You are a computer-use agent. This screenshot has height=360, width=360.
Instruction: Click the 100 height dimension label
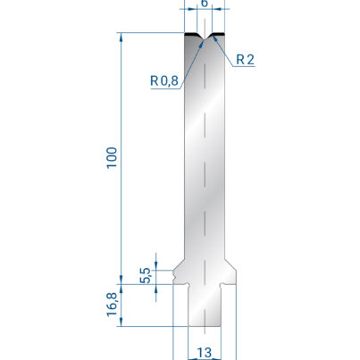(x=113, y=158)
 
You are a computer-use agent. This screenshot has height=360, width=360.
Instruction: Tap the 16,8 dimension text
(x=113, y=304)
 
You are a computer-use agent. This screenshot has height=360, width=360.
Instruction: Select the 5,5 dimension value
(x=146, y=275)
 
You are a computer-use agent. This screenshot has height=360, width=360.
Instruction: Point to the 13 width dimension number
(x=205, y=353)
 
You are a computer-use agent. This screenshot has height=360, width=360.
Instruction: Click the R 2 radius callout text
(x=246, y=60)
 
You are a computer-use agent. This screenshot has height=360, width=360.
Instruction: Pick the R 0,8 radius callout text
(x=164, y=80)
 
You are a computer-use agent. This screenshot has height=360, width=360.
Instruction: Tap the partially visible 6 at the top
(x=205, y=3)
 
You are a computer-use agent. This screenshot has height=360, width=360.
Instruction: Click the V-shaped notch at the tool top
(x=205, y=38)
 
